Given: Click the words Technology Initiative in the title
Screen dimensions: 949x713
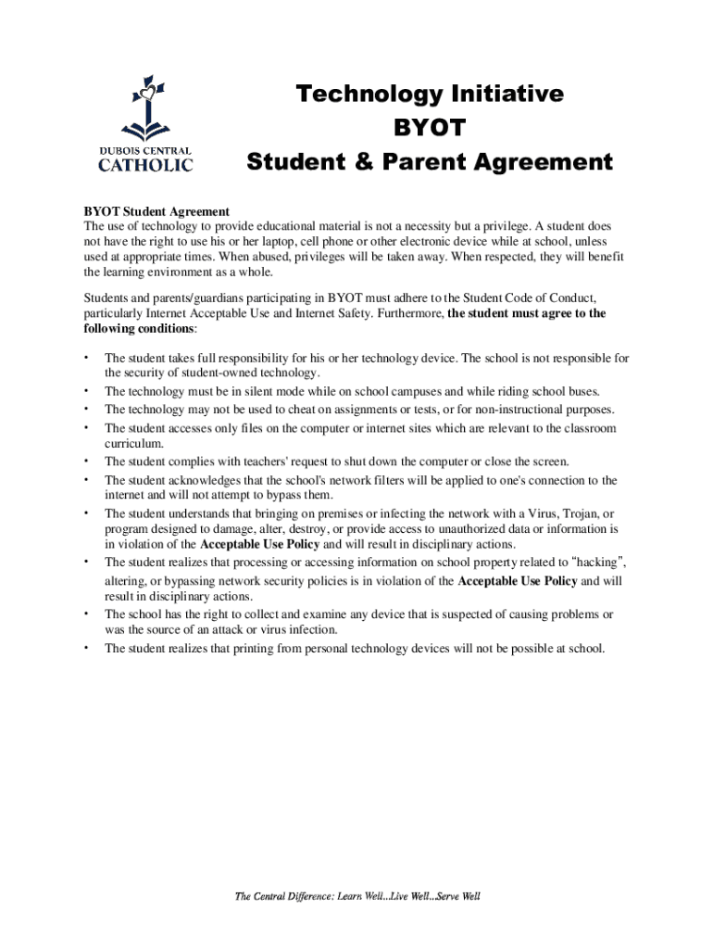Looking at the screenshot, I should (429, 94).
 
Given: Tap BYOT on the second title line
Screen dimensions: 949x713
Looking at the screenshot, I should (429, 128).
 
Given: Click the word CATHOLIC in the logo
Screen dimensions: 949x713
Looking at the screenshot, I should (145, 166).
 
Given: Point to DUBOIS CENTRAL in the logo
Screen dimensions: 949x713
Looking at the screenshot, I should (145, 150).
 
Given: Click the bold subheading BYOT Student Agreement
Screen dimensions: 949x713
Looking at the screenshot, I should (156, 212).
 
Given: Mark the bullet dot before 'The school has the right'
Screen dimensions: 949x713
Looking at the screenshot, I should (85, 614).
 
